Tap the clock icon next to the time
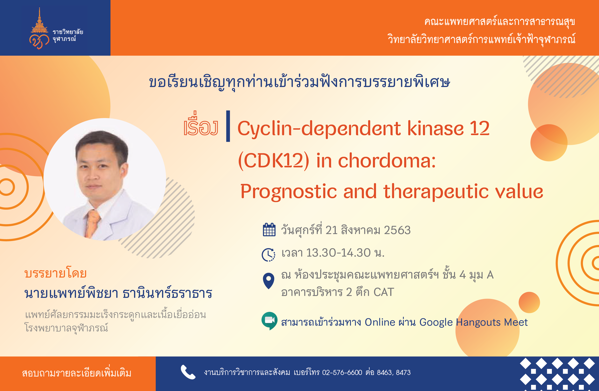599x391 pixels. point(269,255)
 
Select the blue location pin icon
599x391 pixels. point(269,281)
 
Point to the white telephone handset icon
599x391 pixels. point(188,372)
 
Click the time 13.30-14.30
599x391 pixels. point(338,253)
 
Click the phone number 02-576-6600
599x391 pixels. point(342,372)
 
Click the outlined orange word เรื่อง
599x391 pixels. point(201,124)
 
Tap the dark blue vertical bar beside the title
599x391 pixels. point(228,126)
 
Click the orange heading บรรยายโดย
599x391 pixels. point(56,273)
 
